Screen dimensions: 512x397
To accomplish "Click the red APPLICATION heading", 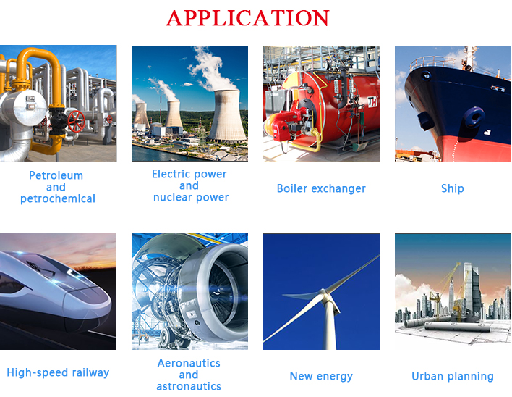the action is point(248,17).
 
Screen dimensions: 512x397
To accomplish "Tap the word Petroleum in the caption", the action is point(56,175).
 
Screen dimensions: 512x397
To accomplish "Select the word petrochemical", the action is point(58,198).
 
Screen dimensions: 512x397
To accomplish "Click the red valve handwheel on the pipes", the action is point(77,121).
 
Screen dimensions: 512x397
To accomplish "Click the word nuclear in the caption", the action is point(172,198).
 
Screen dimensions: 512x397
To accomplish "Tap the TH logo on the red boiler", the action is point(372,102).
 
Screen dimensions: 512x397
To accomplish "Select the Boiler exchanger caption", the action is point(321,188).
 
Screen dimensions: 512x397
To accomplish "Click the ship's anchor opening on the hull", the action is point(474,117).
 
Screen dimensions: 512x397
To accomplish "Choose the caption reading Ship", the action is point(453,188).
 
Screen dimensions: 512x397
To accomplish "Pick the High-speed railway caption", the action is point(58,373).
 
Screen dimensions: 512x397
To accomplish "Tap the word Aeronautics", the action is point(189,363).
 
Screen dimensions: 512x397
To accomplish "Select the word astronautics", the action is point(189,387).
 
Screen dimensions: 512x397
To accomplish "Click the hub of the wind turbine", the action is point(323,293).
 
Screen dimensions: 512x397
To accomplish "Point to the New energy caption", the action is point(321,377).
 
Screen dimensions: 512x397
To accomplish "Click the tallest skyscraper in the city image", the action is point(471,289).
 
